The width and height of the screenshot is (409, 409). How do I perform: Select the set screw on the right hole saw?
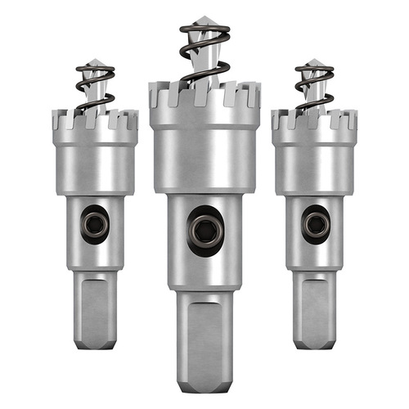312,223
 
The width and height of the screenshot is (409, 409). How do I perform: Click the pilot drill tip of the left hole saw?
96,64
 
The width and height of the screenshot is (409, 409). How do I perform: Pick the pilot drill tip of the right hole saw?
312,63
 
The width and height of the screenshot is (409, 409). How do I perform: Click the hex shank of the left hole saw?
95,311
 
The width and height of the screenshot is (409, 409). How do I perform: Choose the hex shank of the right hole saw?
313,309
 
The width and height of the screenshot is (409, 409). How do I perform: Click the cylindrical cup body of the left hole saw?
94,168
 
